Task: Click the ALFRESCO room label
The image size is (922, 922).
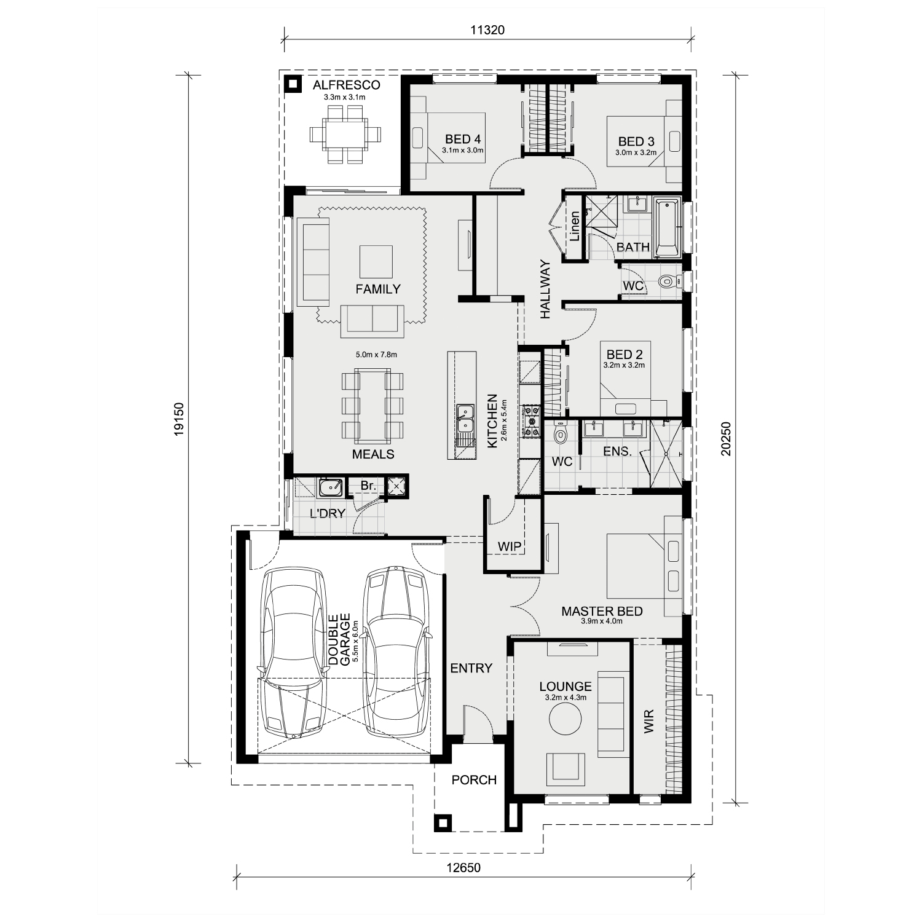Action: coord(346,85)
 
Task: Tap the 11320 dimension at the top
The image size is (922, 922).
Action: coord(487,30)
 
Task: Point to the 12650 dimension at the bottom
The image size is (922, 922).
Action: coord(464,869)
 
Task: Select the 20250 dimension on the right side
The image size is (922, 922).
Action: coord(727,438)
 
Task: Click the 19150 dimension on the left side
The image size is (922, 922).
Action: coord(178,419)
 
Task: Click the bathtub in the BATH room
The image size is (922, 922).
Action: coord(668,227)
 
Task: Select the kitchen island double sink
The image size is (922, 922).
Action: coord(465,420)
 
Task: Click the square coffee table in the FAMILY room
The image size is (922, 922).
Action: coord(376,262)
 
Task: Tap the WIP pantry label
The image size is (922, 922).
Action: coord(510,546)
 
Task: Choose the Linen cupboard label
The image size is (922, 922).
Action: coord(575,226)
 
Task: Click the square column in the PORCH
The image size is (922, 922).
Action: coord(443,823)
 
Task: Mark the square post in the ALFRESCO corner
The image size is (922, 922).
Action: coord(294,84)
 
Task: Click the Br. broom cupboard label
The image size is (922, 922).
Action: coord(368,486)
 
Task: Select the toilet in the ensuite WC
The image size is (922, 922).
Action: coord(560,434)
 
